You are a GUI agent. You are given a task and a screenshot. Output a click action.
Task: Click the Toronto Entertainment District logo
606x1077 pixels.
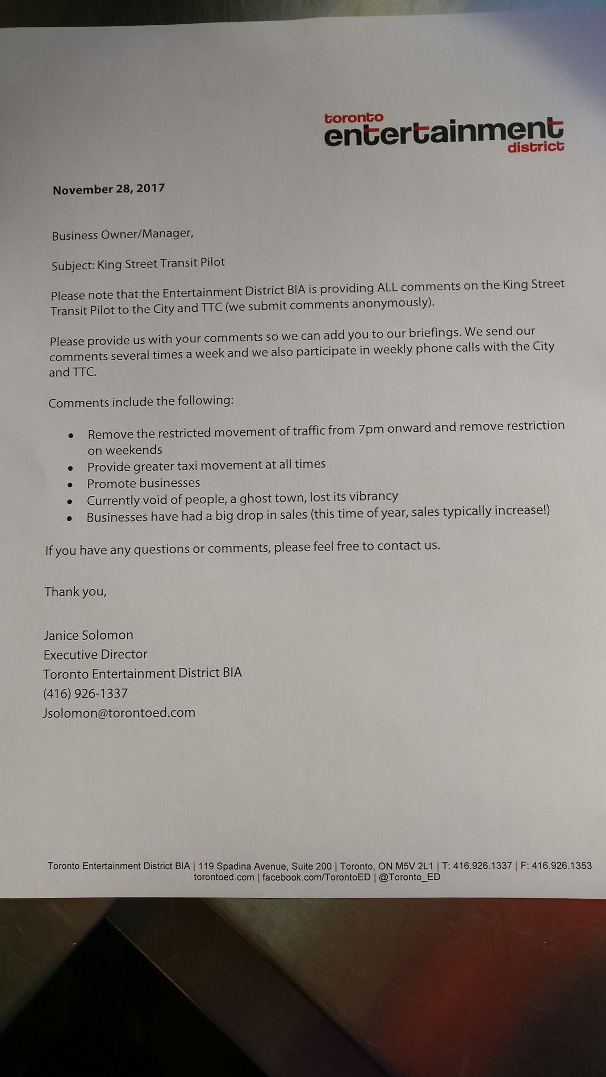tap(443, 131)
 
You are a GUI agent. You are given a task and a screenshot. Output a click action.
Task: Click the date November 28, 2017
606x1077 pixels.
tap(108, 189)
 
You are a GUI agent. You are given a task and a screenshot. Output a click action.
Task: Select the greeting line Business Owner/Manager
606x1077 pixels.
tap(123, 234)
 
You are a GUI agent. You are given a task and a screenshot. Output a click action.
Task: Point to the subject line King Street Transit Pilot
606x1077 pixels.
tap(138, 263)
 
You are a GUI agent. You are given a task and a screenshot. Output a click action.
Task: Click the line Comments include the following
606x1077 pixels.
tap(140, 402)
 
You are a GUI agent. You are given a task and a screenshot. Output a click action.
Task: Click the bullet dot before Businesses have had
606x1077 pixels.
tap(69, 519)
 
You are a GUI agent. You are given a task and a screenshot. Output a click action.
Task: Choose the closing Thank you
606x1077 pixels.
tap(75, 592)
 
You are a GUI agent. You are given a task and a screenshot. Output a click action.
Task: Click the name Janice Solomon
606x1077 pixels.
tap(88, 635)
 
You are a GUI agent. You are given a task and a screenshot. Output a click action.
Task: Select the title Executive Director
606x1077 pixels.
tap(95, 654)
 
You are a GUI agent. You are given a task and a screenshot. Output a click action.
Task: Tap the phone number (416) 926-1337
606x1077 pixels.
tap(85, 694)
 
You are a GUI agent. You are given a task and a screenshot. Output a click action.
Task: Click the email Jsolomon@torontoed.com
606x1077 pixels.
tap(119, 713)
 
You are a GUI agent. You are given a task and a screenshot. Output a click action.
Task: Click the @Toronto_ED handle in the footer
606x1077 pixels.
tap(409, 877)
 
